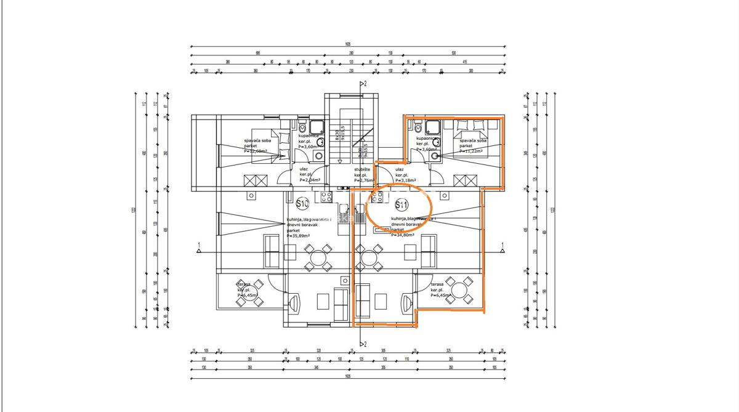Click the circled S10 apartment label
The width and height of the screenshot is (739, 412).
[x=302, y=203]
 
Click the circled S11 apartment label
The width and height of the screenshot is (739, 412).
[x=402, y=204]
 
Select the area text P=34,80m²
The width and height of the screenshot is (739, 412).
[x=403, y=235]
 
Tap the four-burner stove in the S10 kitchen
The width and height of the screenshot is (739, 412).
[x=326, y=197]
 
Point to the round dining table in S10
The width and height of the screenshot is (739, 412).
[x=319, y=257]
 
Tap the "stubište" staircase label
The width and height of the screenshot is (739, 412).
[x=361, y=169]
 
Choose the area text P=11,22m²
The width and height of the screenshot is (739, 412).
[x=471, y=151]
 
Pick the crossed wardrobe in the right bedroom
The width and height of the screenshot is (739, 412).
[x=464, y=180]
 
